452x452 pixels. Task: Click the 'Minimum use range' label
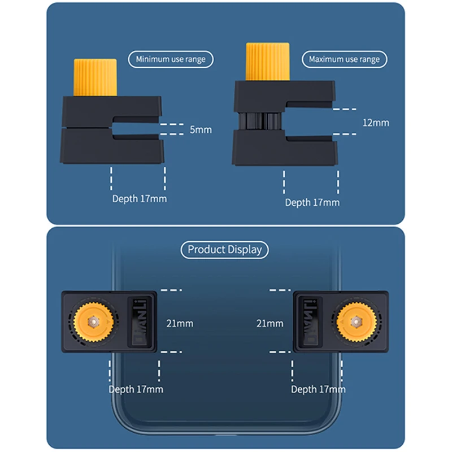pos(170,59)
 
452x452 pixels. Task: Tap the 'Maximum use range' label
pos(344,59)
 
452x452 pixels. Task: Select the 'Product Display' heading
pos(225,249)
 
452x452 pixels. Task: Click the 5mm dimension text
pos(201,130)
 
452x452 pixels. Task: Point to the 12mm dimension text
pos(376,123)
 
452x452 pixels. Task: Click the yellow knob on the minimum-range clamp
pos(95,77)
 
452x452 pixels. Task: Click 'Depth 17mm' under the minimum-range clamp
pos(140,198)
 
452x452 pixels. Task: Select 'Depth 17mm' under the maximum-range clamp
pos(312,202)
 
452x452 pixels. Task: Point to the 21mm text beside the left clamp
pos(179,324)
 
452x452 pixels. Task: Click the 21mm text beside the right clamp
pos(270,324)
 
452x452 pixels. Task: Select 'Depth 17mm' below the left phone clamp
pos(136,389)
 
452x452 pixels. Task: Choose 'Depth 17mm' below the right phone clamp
pos(318,389)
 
